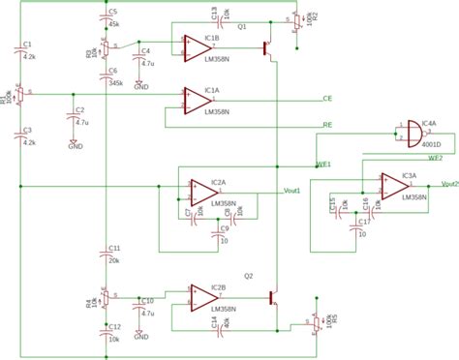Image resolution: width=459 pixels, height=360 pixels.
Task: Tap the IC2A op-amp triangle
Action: click(195, 188)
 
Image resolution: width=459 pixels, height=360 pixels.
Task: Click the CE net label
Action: click(327, 99)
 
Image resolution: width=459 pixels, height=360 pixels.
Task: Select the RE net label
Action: click(327, 124)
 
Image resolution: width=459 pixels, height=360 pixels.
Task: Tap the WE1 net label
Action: click(324, 165)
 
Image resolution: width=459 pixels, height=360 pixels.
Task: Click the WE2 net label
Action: click(435, 158)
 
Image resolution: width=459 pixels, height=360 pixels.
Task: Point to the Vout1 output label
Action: click(291, 190)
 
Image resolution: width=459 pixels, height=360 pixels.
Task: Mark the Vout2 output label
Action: click(449, 182)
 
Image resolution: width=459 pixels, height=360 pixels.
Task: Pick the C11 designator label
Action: click(114, 249)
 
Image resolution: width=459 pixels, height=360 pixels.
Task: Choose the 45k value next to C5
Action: click(114, 22)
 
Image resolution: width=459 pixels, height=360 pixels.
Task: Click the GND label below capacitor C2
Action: click(75, 145)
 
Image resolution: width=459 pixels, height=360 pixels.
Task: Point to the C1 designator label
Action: click(27, 45)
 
